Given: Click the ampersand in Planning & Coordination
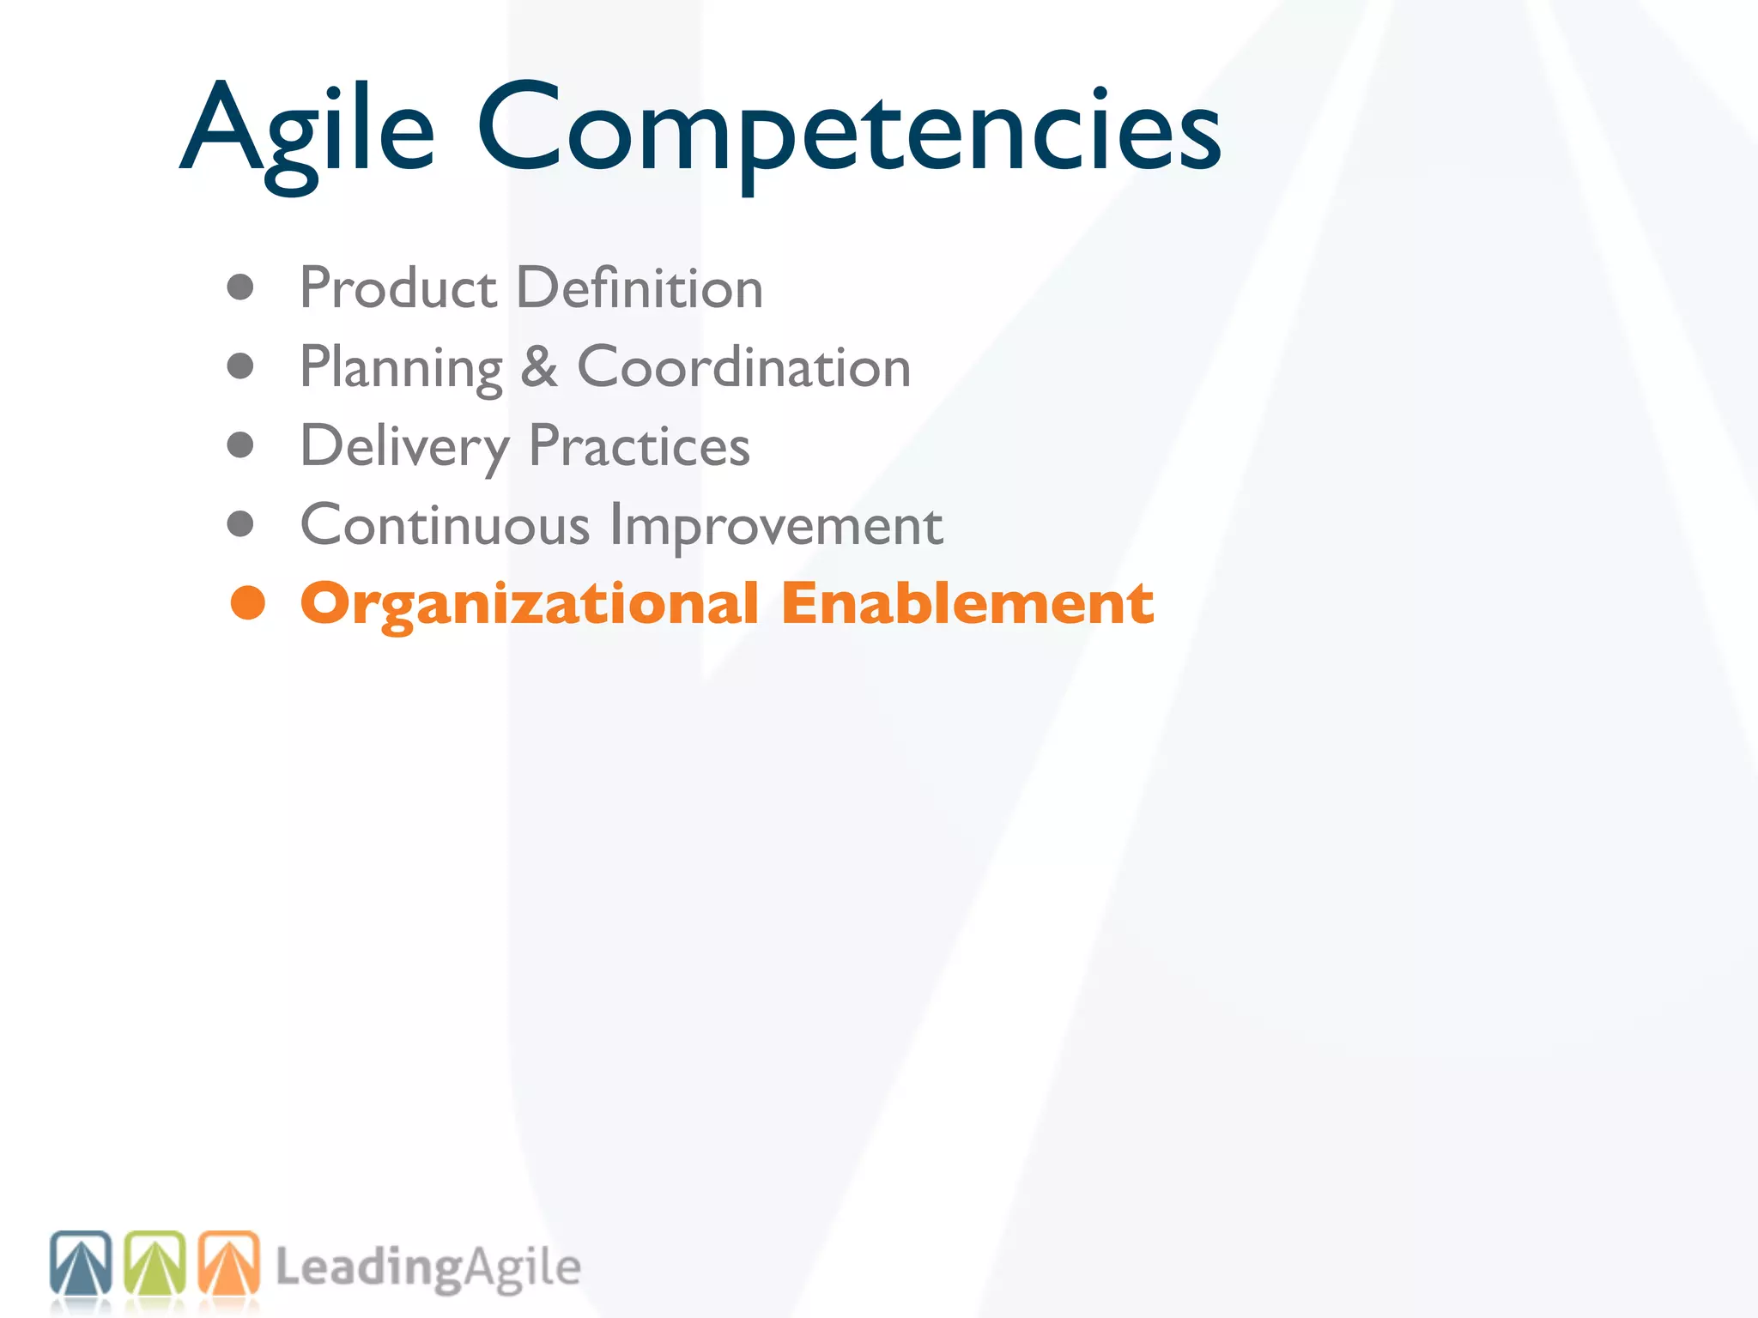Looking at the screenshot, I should (x=539, y=367).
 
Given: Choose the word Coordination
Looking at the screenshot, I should (x=743, y=367).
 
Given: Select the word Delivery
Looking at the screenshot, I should (x=404, y=447).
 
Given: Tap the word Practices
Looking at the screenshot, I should (x=639, y=446).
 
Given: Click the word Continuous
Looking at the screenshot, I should (x=445, y=525).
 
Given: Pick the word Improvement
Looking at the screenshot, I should (x=776, y=526).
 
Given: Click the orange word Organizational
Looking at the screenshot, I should (x=529, y=604).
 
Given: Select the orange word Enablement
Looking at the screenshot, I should (x=967, y=603).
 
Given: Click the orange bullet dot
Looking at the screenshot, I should (x=248, y=603).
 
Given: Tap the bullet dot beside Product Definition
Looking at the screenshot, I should (x=240, y=287).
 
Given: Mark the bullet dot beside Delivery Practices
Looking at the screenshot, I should (x=240, y=445).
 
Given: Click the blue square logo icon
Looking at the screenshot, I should (x=81, y=1263).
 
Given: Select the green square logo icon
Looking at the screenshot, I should (x=155, y=1263).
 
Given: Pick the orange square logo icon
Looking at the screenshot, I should (x=229, y=1263).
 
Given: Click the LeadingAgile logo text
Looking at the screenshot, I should (x=427, y=1268).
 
